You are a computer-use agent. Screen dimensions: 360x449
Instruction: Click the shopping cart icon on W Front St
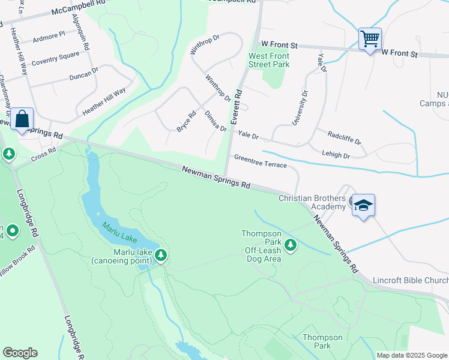point(370,40)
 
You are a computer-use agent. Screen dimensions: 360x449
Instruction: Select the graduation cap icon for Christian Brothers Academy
point(363,205)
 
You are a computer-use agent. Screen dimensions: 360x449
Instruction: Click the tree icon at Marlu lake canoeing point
point(161,256)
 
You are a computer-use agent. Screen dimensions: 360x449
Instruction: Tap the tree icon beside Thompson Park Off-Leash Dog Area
point(291,245)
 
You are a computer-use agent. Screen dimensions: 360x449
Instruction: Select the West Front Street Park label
point(270,60)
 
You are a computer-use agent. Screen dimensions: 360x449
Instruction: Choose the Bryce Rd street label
point(186,121)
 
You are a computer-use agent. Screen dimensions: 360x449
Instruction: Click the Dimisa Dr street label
point(215,121)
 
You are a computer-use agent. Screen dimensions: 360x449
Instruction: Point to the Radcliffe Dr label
point(345,138)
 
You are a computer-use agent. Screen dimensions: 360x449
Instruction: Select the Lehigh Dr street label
point(336,155)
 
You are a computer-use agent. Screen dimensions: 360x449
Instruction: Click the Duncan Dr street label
point(83,74)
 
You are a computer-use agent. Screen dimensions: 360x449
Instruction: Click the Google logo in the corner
point(20,353)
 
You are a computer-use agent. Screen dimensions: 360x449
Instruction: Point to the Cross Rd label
point(43,155)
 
